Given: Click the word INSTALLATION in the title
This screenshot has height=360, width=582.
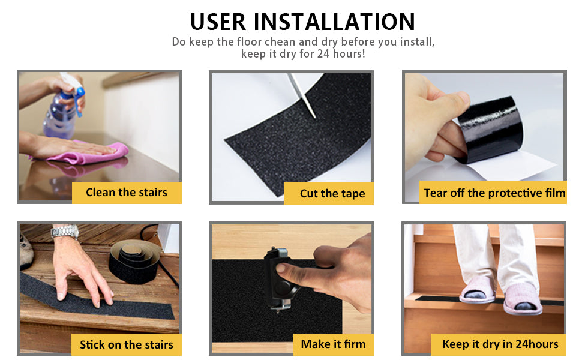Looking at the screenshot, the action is (334, 22).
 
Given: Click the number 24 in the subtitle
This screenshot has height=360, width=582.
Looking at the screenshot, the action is (323, 54).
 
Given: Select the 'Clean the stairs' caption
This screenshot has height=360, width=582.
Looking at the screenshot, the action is (127, 192).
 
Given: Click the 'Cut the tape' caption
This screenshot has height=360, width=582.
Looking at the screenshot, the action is (332, 193).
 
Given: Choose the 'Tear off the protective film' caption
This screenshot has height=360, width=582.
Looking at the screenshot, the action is (494, 193).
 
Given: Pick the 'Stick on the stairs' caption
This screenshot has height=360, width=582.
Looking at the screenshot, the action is (127, 345).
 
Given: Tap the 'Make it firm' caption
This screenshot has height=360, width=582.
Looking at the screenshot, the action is (334, 344).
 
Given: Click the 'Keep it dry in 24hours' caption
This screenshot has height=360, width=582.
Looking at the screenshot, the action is (500, 344).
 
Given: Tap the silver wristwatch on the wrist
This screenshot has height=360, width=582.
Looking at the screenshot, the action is (65, 232).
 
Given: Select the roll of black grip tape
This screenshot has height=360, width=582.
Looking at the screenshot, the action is (134, 261).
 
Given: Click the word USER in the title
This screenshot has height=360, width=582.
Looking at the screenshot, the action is (218, 22).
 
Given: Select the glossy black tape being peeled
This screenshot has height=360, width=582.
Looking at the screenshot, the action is (490, 130).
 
